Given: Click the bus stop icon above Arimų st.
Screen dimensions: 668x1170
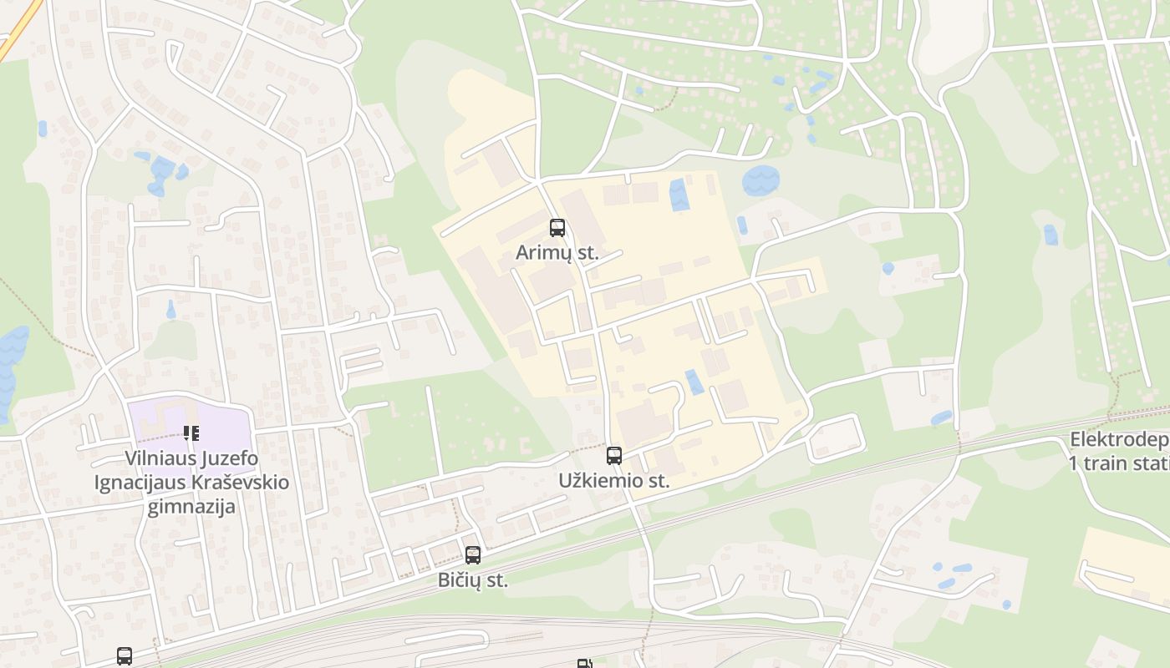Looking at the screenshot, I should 557,227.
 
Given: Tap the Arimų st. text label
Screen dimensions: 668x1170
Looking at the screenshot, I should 557,253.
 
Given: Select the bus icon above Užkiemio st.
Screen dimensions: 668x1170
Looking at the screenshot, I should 614,455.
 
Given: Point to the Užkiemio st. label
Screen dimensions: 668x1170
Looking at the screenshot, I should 614,481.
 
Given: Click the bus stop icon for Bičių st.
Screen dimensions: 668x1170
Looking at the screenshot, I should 473,554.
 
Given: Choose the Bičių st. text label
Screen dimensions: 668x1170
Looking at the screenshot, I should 473,580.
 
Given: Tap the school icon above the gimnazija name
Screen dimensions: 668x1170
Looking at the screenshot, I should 191,433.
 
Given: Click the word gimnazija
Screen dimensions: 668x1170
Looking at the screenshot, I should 191,507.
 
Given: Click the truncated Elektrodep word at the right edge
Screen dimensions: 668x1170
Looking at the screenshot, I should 1120,441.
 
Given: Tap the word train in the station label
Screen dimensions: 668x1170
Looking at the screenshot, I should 1106,463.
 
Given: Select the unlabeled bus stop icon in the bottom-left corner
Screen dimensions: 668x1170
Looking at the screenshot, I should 125,655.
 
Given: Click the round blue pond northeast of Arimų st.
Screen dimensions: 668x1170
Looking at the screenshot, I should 760,180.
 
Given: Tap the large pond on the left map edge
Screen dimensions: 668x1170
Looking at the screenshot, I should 12,367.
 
